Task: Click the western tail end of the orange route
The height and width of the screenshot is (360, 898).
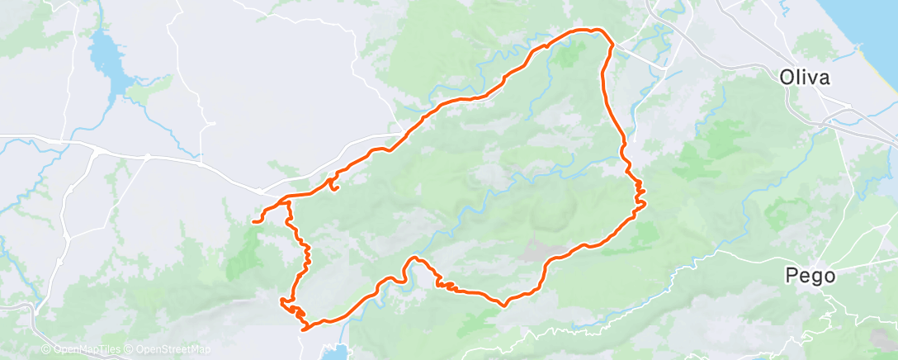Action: point(254,221)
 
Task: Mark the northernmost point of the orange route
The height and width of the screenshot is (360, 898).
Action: point(591,30)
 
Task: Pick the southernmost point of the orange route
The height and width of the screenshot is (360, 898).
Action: point(306,329)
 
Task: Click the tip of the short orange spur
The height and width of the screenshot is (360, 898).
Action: point(337,191)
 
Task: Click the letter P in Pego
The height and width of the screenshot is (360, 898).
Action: point(792,276)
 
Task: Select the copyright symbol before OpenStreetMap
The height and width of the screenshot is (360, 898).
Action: point(130,349)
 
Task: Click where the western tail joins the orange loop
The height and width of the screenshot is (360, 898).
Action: point(287,201)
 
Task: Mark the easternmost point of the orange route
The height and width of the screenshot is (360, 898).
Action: point(645,202)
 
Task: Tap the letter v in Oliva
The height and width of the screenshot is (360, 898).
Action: point(812,78)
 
